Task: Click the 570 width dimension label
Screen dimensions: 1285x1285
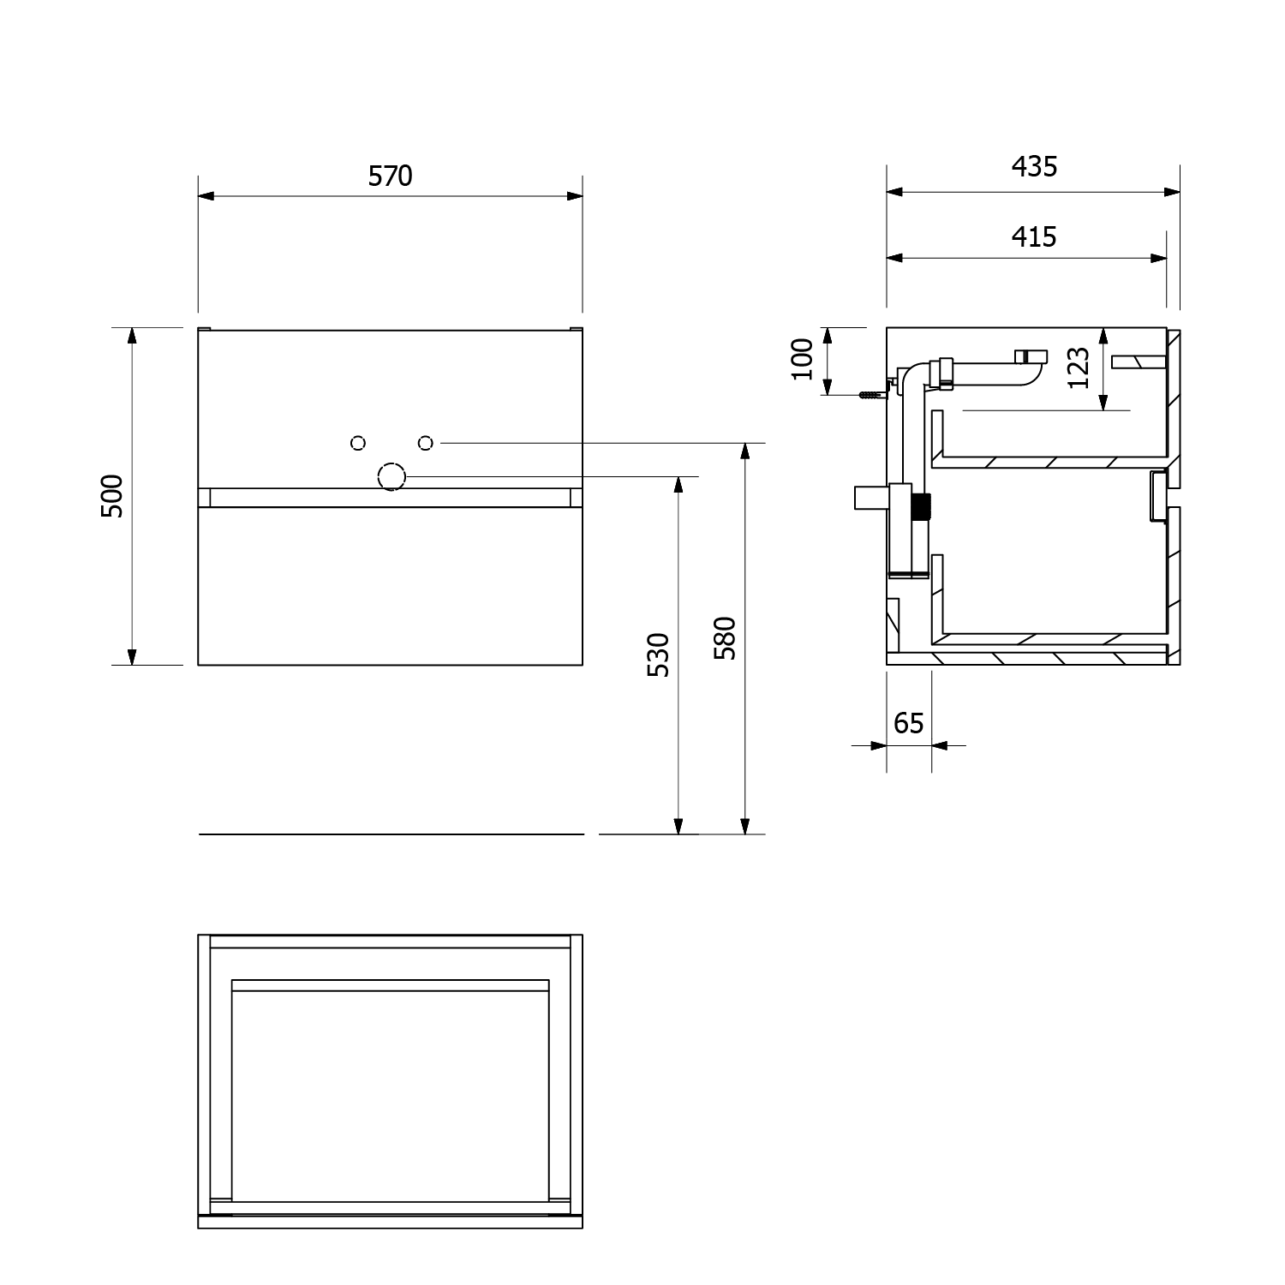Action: point(391,176)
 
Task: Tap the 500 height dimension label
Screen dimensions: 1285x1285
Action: point(112,496)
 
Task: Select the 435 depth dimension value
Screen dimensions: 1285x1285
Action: point(1034,166)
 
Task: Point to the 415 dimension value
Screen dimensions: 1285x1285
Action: point(1034,236)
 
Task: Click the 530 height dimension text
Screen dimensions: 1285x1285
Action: point(657,654)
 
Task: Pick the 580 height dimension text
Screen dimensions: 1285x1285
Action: point(725,637)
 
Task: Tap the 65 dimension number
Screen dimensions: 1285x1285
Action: point(908,724)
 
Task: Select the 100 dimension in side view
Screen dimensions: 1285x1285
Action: point(802,359)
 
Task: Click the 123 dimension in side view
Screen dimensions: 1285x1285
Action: point(1079,368)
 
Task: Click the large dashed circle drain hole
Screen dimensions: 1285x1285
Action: point(391,476)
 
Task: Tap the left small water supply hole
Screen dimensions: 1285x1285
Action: point(358,442)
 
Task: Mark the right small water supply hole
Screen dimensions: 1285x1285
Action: point(425,442)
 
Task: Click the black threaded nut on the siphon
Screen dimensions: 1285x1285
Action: point(922,507)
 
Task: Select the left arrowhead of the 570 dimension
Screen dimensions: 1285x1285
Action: point(206,196)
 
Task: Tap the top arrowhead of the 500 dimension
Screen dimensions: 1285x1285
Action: point(132,335)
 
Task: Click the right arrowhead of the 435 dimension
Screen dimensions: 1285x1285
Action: point(1172,192)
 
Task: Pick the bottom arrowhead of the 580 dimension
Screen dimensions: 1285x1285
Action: point(745,826)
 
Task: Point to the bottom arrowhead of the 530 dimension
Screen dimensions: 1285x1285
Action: point(678,826)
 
